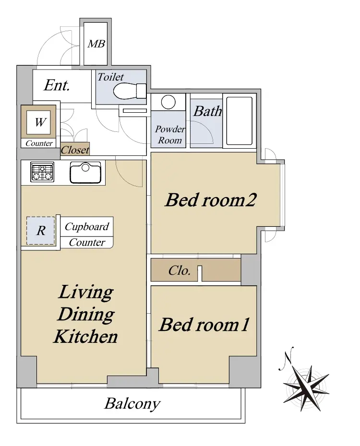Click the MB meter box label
point(96,44)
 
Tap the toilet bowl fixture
point(130,91)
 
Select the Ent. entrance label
point(57,85)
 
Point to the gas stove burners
point(42,172)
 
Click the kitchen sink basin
point(85,172)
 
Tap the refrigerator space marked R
point(40,230)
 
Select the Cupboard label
point(87,226)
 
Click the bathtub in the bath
point(239,121)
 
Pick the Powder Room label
point(170,135)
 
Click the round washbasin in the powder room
point(168,102)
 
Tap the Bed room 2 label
point(211,200)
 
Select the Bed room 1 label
point(204,325)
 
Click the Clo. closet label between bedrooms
point(180,270)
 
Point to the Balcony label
point(132,404)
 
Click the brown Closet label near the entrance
point(75,150)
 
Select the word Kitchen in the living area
point(85,337)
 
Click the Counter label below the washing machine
point(39,143)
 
